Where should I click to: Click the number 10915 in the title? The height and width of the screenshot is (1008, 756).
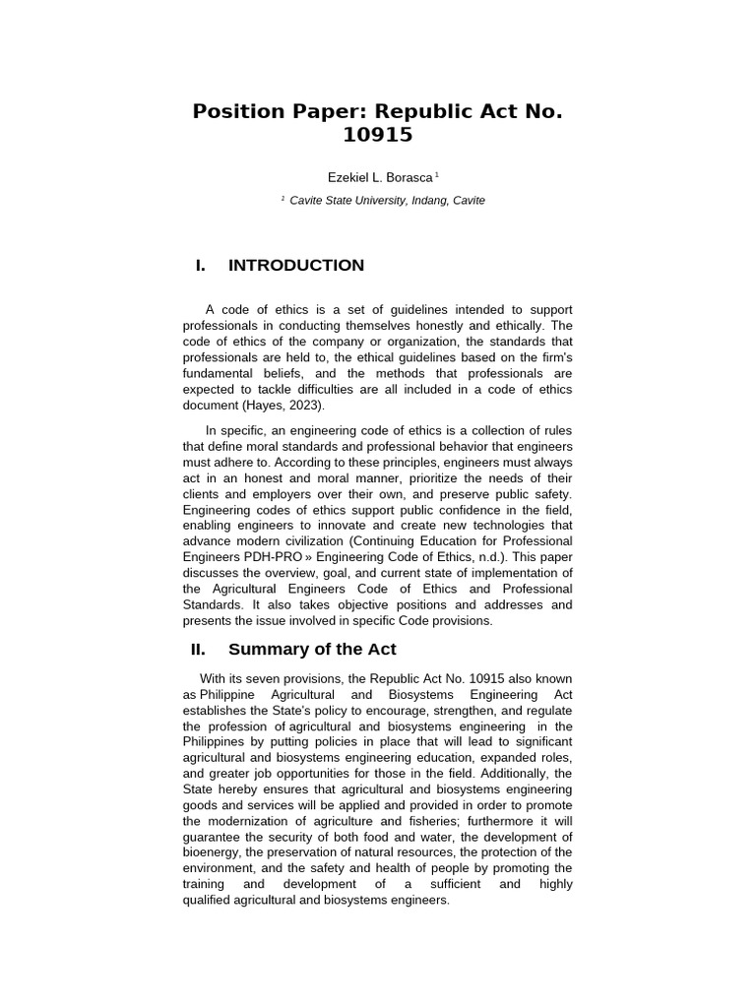tap(377, 134)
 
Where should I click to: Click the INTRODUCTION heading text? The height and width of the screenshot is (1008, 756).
tap(296, 265)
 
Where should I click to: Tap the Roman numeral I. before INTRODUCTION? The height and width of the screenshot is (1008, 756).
tap(201, 265)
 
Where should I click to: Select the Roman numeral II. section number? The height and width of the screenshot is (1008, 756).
tap(197, 649)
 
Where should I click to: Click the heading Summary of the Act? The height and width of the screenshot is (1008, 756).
tap(312, 649)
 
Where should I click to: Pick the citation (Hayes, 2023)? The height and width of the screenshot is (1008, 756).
tap(283, 406)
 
